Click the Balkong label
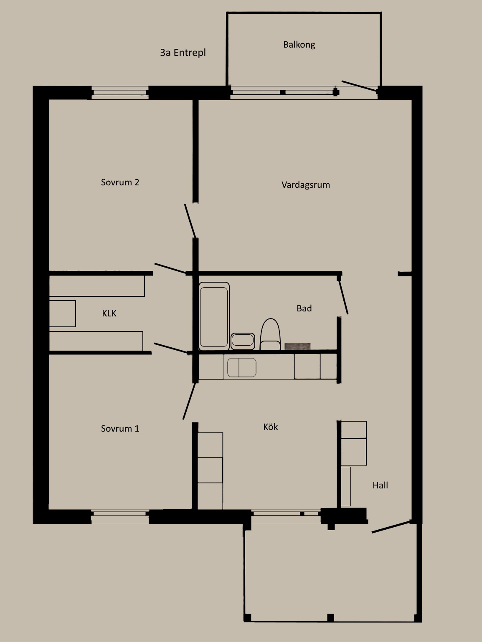(299, 45)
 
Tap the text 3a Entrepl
(183, 53)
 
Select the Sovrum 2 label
(120, 182)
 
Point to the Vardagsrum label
(306, 185)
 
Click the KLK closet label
(109, 313)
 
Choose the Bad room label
(304, 308)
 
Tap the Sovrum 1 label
(120, 429)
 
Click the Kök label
(271, 427)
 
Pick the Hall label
(380, 485)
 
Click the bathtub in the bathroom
(214, 316)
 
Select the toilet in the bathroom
(270, 334)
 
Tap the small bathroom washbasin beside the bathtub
(243, 340)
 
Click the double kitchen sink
(242, 367)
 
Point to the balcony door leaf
(359, 86)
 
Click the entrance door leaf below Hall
(391, 527)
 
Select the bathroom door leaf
(343, 297)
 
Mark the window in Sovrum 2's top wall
(120, 93)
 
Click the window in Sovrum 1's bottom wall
(120, 517)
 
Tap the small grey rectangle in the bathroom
(297, 346)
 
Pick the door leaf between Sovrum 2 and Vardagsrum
(190, 221)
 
